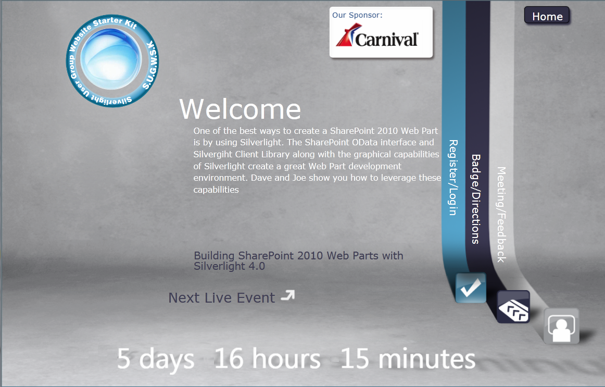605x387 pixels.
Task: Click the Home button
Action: [x=547, y=16]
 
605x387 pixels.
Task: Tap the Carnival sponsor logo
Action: [x=377, y=35]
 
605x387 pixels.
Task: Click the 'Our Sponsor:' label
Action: [x=357, y=15]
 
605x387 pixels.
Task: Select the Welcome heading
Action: [x=240, y=109]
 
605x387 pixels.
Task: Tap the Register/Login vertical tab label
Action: [x=452, y=178]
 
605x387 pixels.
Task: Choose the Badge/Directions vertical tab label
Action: [x=476, y=199]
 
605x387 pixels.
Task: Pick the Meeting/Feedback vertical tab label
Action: [x=501, y=215]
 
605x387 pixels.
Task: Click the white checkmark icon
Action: [x=470, y=288]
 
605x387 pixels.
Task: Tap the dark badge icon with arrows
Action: [x=513, y=307]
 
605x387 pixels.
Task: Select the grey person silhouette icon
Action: [x=561, y=326]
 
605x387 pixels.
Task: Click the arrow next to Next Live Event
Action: [x=288, y=295]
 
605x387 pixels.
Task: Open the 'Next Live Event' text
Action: [x=221, y=297]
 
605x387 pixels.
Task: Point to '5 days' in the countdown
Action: [x=156, y=359]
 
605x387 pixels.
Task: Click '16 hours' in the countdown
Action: [x=267, y=358]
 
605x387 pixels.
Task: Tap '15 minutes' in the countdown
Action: [x=408, y=358]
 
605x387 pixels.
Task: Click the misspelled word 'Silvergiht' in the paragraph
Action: [x=211, y=154]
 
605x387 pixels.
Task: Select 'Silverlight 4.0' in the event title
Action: [x=229, y=266]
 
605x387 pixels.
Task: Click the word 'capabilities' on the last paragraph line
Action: [x=216, y=190]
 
